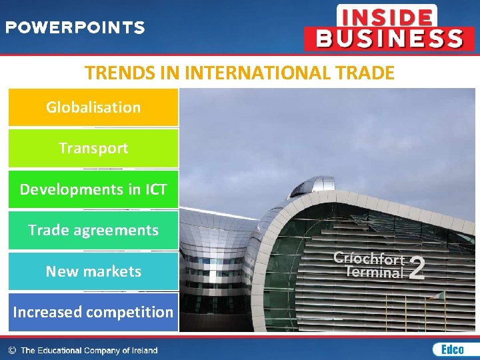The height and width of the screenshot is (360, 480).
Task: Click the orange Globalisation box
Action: click(x=93, y=107)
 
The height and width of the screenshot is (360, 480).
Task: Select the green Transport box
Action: click(x=93, y=148)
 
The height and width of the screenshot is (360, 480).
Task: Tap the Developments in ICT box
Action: click(x=93, y=189)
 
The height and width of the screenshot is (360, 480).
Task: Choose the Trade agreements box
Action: click(x=93, y=231)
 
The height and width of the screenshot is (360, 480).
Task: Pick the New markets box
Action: click(x=93, y=271)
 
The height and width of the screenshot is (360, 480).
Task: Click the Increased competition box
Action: click(x=93, y=312)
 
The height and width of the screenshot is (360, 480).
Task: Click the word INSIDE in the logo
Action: click(x=386, y=15)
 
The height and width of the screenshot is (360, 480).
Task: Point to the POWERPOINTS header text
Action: click(x=75, y=28)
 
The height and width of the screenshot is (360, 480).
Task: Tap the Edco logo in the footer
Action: click(x=447, y=349)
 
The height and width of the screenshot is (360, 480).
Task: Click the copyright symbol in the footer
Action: click(x=12, y=350)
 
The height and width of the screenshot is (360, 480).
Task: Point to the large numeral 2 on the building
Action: click(x=417, y=268)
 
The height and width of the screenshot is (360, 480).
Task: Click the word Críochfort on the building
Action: click(x=368, y=259)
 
